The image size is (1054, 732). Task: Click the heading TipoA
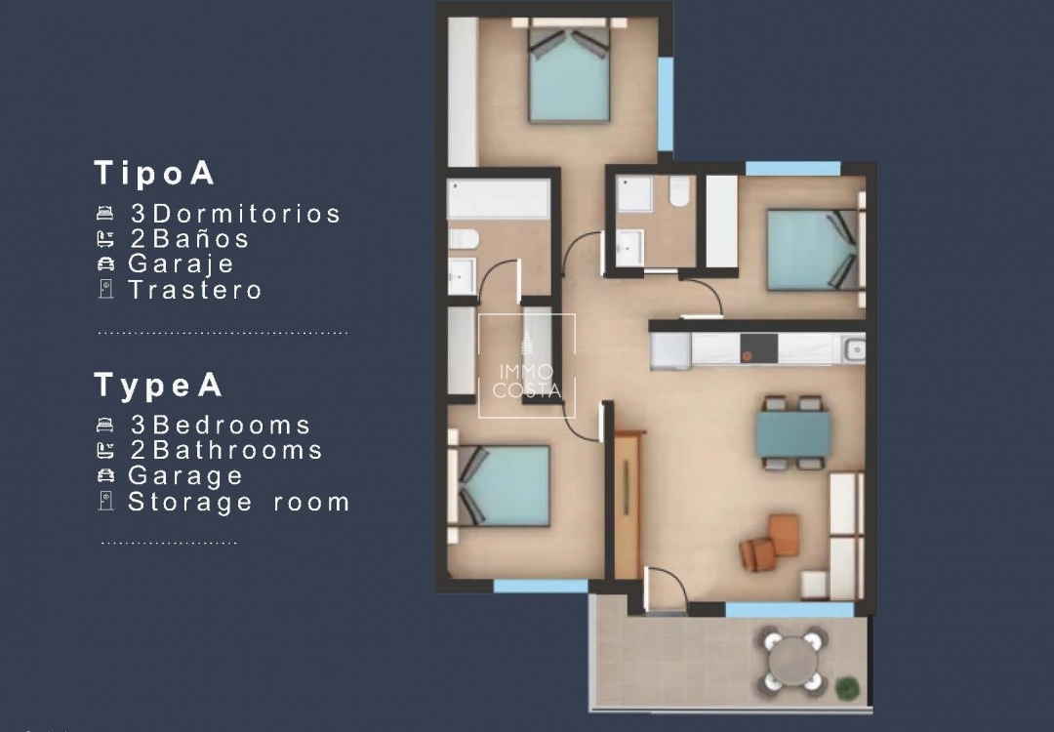tap(154, 174)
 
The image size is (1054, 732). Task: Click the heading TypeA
tap(158, 386)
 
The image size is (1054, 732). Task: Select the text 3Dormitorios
tap(235, 214)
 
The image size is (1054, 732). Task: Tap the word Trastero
tap(195, 290)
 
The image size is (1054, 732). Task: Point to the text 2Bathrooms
tap(226, 450)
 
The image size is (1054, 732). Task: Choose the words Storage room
tap(239, 502)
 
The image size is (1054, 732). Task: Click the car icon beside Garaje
tap(106, 264)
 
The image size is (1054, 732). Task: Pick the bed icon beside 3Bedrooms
tap(106, 426)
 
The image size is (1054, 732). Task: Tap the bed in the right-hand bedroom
tap(812, 250)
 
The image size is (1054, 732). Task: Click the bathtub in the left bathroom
tap(499, 199)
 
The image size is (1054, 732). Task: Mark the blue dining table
tap(793, 432)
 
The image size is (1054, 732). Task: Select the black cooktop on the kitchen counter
tap(758, 347)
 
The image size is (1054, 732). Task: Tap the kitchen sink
tap(853, 347)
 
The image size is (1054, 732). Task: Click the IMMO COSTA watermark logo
tap(527, 365)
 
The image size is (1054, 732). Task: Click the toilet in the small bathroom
tap(680, 191)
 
